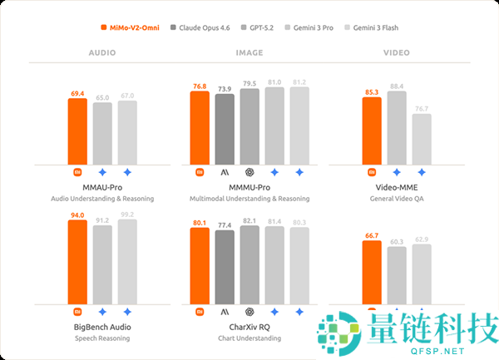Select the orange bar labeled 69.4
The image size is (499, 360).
(x=77, y=131)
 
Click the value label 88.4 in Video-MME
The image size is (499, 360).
(x=397, y=86)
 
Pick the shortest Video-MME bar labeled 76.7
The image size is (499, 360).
(x=422, y=139)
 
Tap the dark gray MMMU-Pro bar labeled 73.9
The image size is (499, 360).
(x=225, y=129)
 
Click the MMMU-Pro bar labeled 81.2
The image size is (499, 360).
(x=299, y=126)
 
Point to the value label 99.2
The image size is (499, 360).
(x=127, y=214)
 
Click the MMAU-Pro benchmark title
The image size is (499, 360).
(x=102, y=189)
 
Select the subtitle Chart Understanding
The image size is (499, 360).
(x=249, y=338)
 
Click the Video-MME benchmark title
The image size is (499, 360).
(x=397, y=189)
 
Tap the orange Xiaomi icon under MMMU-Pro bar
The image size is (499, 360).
(x=200, y=172)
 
